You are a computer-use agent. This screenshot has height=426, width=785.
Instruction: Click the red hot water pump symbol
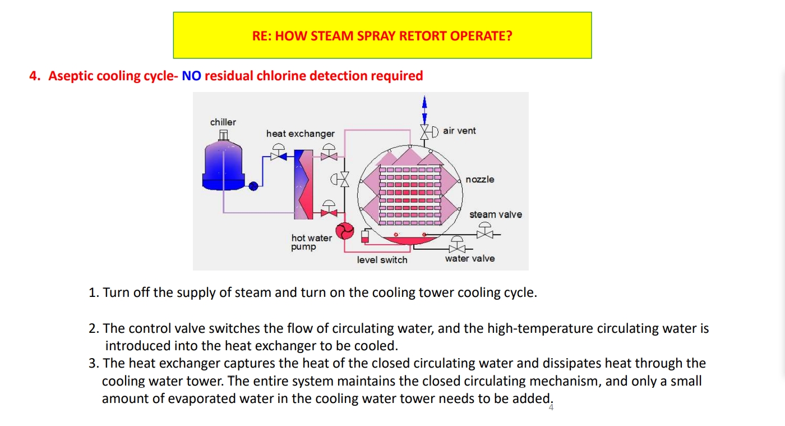point(343,231)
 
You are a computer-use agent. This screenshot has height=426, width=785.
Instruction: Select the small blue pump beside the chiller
point(253,185)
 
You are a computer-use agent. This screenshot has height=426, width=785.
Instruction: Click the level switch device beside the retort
point(365,236)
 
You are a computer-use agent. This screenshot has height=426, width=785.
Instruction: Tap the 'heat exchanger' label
point(300,134)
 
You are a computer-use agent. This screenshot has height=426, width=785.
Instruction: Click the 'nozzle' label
point(479,180)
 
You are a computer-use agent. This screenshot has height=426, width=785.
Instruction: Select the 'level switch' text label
point(382,260)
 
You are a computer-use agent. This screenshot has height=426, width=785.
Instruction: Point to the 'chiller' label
point(223,122)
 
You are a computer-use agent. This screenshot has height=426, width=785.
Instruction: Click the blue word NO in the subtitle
point(191,76)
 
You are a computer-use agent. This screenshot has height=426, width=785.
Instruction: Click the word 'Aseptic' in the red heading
point(71,76)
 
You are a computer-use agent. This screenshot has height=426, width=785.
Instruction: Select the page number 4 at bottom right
point(551,408)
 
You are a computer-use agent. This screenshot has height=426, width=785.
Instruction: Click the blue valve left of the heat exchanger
point(278,155)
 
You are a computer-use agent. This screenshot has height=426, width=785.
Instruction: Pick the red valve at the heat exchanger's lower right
point(329,212)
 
